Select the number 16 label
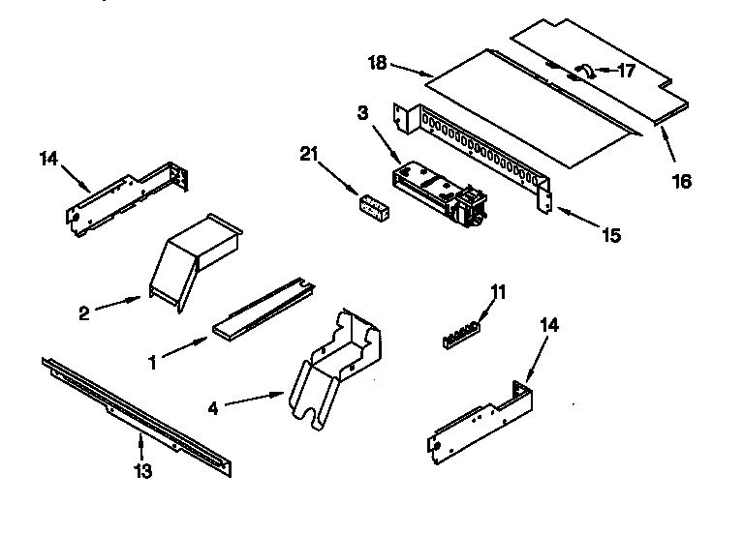pyautogui.click(x=682, y=181)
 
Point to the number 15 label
pyautogui.click(x=609, y=235)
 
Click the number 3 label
pyautogui.click(x=362, y=114)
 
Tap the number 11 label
pyautogui.click(x=498, y=290)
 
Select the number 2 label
pyautogui.click(x=85, y=312)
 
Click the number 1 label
pyautogui.click(x=151, y=363)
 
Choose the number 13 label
pyautogui.click(x=142, y=471)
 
